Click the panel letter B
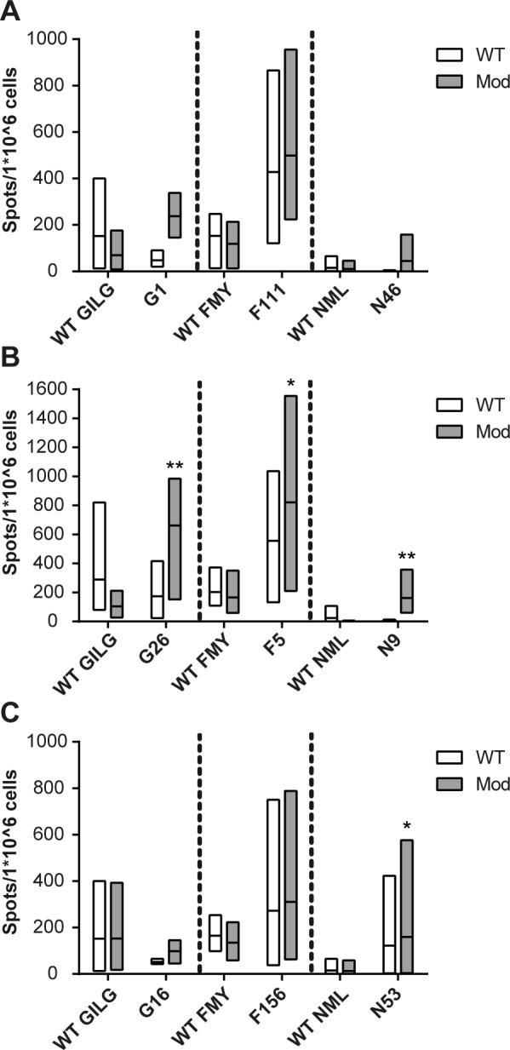pos(10,364)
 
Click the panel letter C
pos(10,715)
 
